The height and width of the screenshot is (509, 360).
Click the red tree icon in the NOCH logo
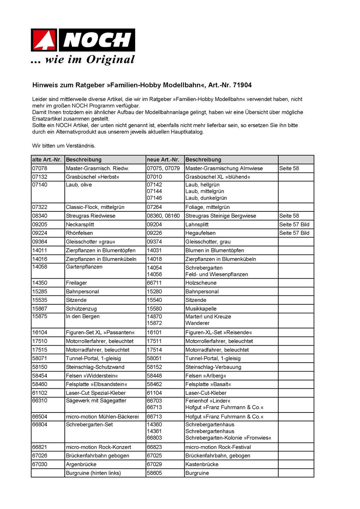coord(45,40)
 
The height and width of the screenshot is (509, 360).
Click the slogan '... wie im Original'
coord(83,60)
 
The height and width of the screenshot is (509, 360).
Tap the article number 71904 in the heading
coord(242,85)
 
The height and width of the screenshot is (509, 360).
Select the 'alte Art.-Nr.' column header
coord(47,160)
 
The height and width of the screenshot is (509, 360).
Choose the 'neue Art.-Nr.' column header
coord(163,160)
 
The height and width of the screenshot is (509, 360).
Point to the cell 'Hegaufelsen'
coord(200,233)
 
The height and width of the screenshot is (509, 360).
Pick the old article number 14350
coord(40,283)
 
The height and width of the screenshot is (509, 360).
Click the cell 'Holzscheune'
coord(201,283)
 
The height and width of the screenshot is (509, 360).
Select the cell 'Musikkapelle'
coord(201,309)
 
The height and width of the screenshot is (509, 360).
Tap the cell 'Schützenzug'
coord(81,309)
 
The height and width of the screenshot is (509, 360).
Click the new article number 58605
coord(154,473)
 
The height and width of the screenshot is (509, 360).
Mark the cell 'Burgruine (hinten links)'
coord(93,473)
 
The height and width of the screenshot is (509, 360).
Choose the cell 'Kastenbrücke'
coord(202,464)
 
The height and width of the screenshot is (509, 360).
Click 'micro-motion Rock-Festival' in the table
coord(218,447)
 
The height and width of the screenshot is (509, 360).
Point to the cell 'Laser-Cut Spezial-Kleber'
coord(95,393)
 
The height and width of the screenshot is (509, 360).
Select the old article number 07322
coord(40,207)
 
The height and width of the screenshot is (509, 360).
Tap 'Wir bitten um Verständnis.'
coord(64,146)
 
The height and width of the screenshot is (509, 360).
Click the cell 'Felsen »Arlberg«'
coord(205,376)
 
